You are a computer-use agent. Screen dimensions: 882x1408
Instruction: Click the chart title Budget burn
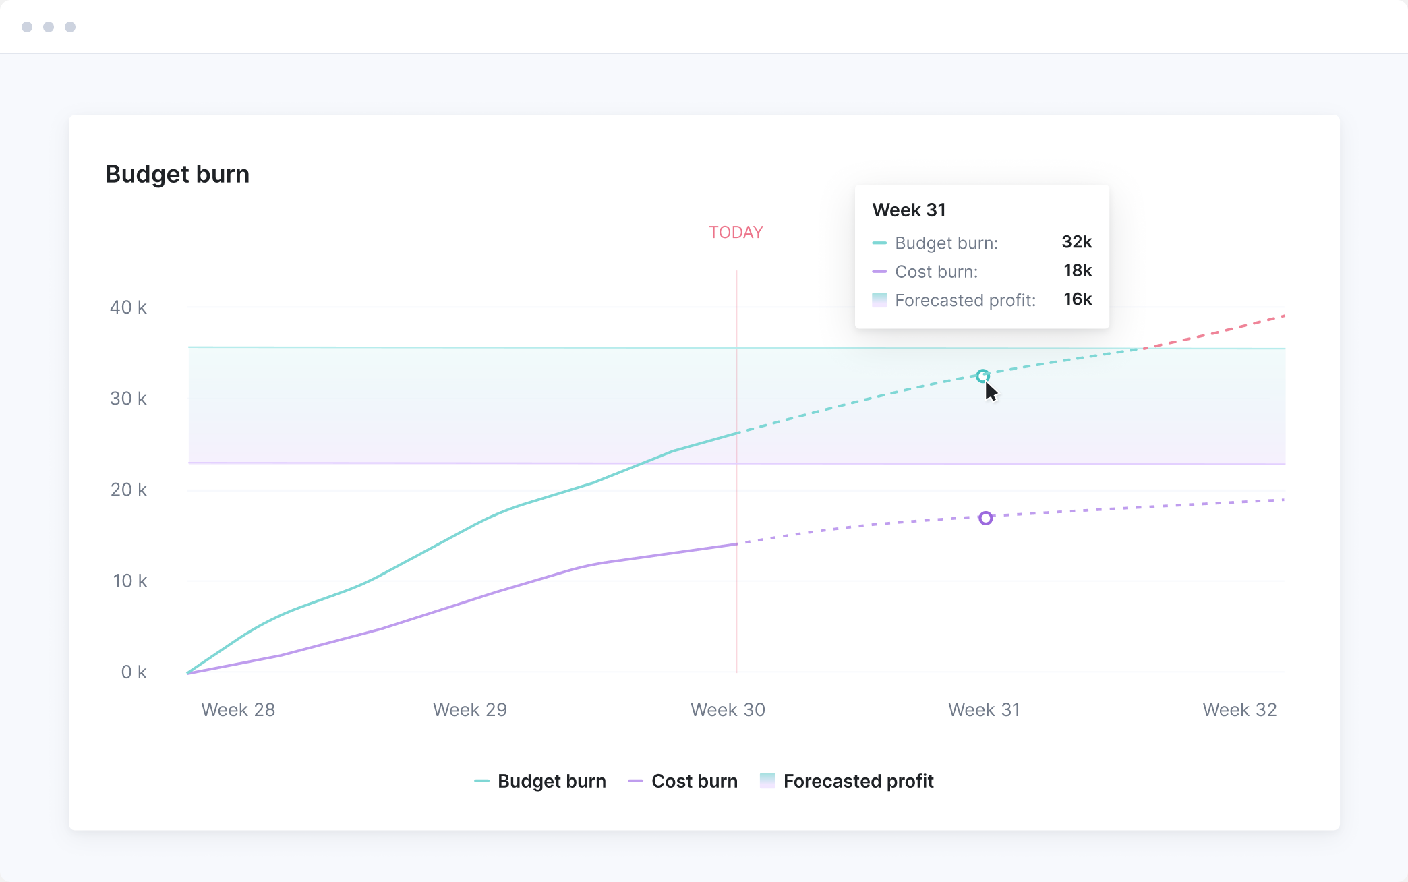[177, 174]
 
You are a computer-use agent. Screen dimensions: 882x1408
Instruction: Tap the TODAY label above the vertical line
[736, 233]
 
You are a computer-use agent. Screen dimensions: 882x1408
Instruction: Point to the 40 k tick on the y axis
[128, 307]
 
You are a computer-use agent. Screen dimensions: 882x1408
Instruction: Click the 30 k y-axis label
[128, 399]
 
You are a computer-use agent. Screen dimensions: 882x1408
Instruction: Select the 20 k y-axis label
[128, 490]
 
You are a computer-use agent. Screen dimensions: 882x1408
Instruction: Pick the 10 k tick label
[129, 581]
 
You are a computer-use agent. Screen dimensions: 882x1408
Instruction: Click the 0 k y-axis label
[134, 672]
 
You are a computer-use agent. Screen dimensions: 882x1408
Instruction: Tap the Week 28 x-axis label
[238, 709]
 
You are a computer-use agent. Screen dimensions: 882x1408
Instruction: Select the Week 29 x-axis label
[469, 709]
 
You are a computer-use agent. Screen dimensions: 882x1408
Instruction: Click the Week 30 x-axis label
[728, 709]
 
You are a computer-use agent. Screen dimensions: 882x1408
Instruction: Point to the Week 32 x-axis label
[1239, 709]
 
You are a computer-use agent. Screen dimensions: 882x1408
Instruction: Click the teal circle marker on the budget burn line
[982, 376]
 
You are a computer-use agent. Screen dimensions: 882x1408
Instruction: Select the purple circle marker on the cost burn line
[986, 518]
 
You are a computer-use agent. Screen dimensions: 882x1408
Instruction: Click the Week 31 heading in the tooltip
[908, 210]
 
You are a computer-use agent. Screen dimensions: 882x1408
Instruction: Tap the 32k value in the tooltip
[1076, 242]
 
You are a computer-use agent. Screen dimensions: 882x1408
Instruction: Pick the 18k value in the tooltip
[1077, 270]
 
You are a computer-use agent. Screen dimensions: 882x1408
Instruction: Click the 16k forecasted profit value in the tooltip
[1077, 299]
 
